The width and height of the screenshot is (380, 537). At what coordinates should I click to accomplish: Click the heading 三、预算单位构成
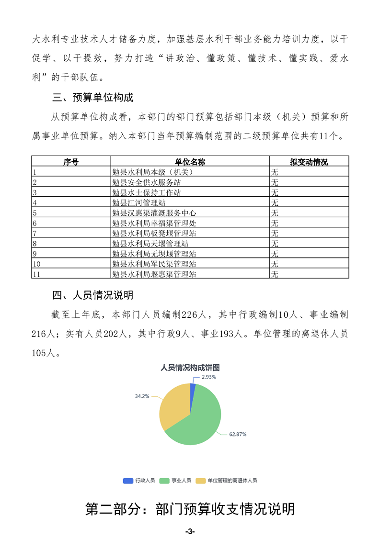point(92,98)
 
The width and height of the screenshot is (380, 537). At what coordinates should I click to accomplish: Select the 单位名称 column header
point(190,162)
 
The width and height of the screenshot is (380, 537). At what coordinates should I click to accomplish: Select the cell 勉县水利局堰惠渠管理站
point(153,274)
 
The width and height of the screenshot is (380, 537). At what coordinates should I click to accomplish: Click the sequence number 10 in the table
point(36,264)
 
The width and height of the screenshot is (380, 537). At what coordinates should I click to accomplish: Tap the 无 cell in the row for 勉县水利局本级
point(275,172)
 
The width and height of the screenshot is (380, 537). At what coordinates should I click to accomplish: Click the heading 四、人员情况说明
point(92,295)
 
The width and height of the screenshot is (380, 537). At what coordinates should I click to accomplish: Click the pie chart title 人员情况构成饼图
point(190,368)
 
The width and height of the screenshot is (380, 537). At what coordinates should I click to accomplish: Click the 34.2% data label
point(142,396)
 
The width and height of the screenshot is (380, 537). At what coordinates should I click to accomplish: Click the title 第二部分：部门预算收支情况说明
point(190,509)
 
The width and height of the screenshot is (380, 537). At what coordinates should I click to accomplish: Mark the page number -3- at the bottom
point(190,531)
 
